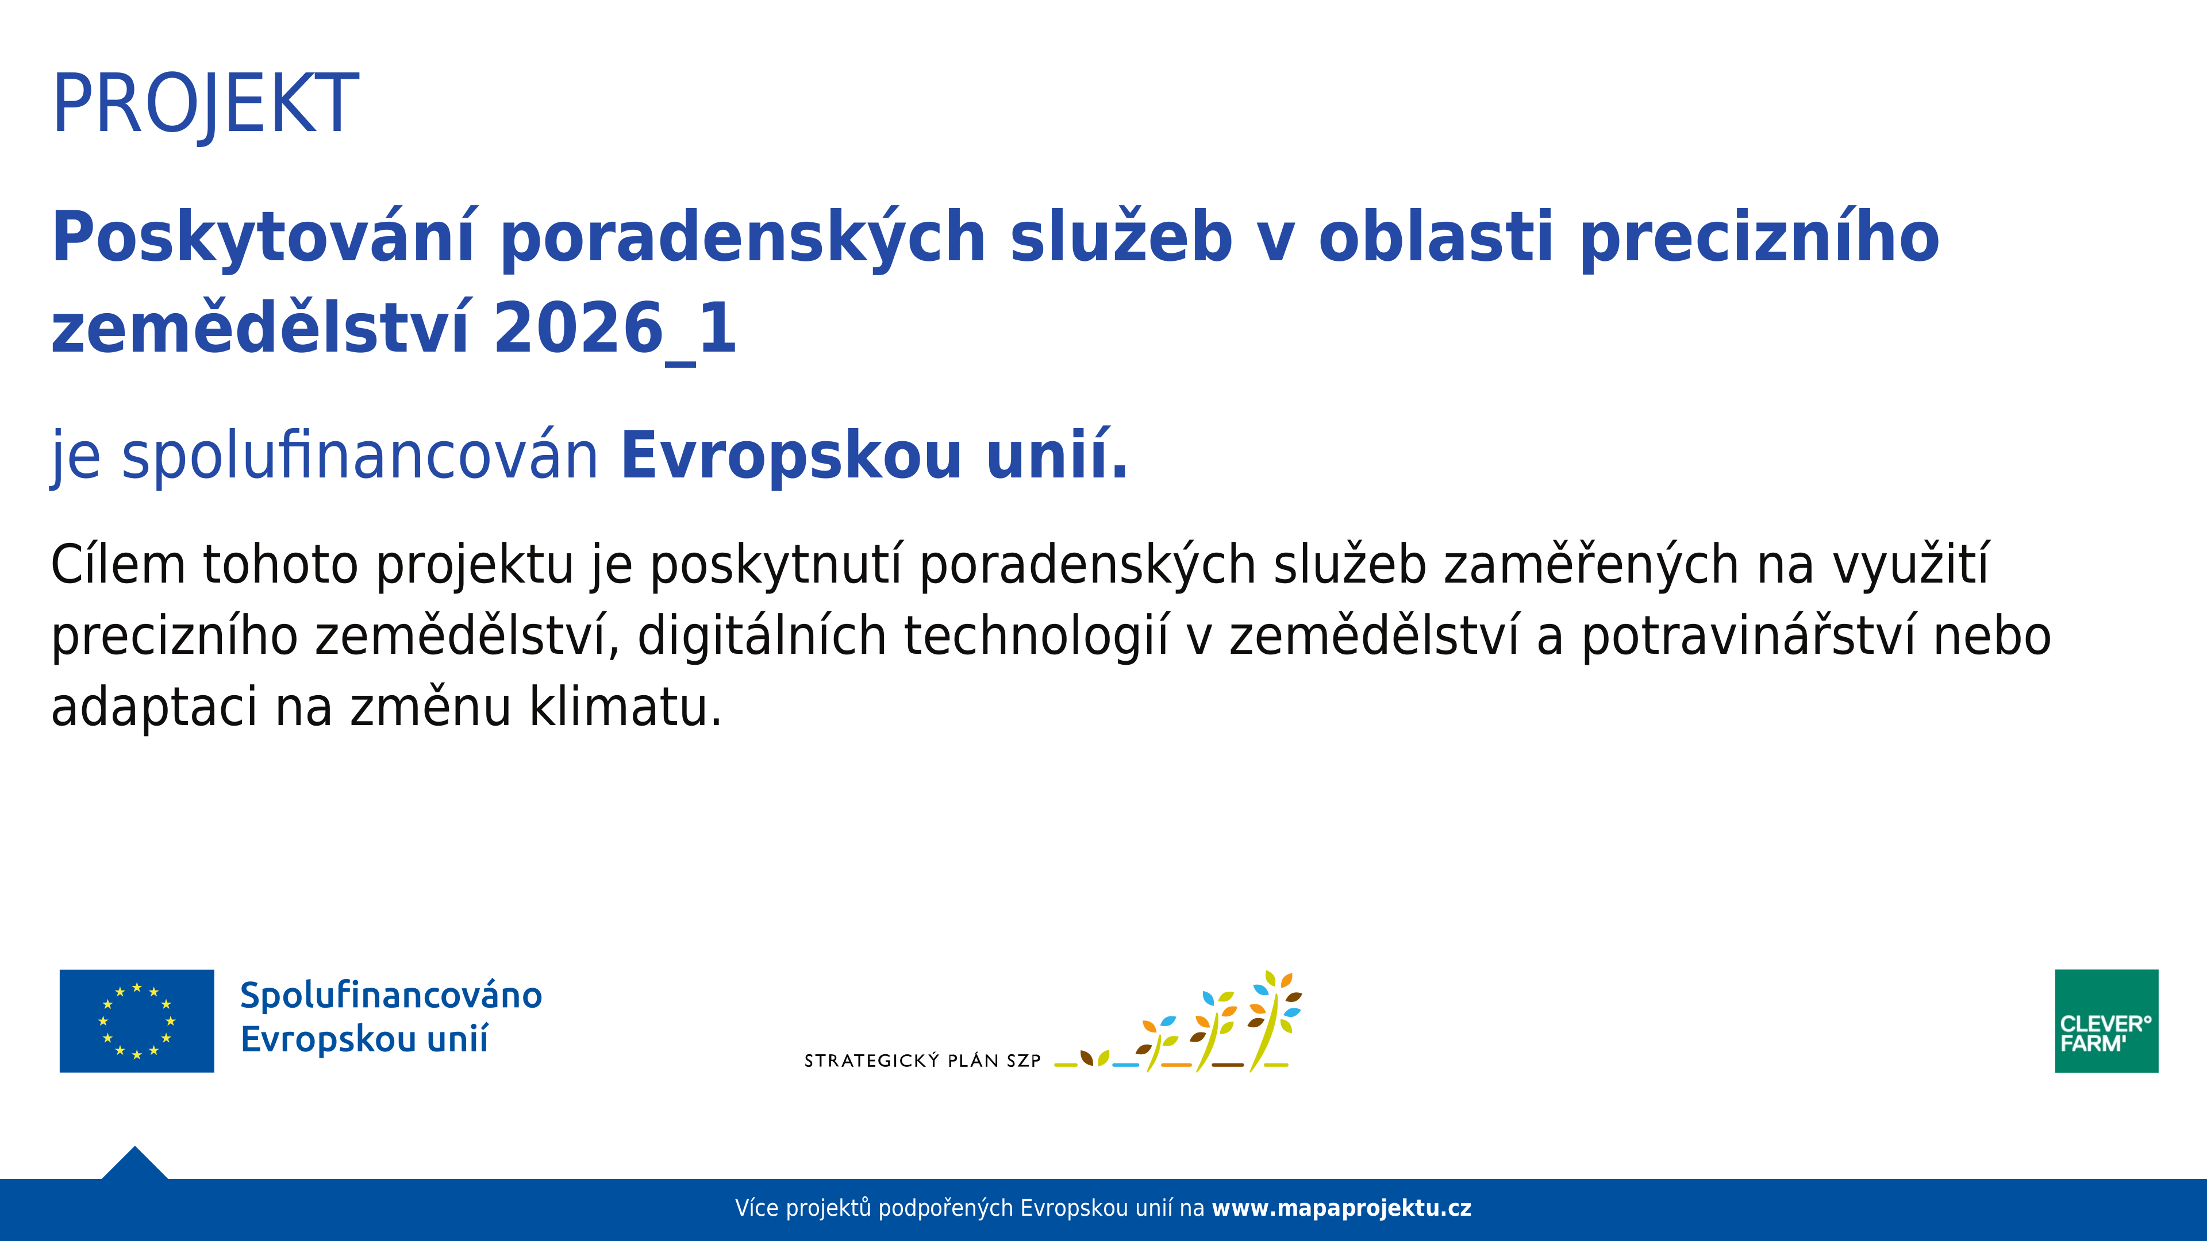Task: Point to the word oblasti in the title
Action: [x=1435, y=237]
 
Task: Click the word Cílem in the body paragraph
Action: [x=118, y=565]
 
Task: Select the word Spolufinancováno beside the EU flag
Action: [x=391, y=995]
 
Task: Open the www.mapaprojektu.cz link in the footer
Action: [x=1341, y=1208]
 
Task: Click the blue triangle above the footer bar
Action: [x=134, y=1164]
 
